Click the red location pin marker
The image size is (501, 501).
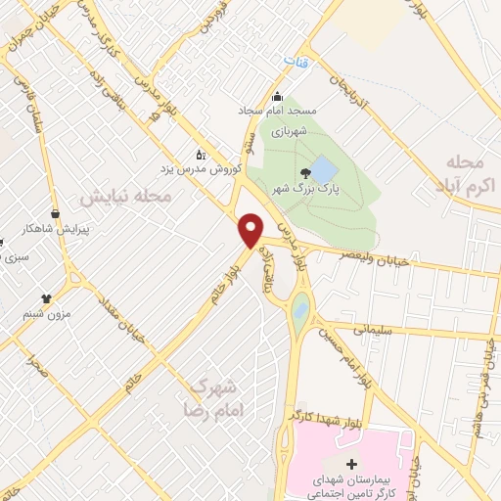tap(251, 230)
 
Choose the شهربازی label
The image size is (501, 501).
tap(290, 127)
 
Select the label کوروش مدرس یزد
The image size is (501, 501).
tap(231, 167)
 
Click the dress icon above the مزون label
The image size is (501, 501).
tap(45, 298)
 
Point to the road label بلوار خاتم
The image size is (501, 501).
tap(220, 288)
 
